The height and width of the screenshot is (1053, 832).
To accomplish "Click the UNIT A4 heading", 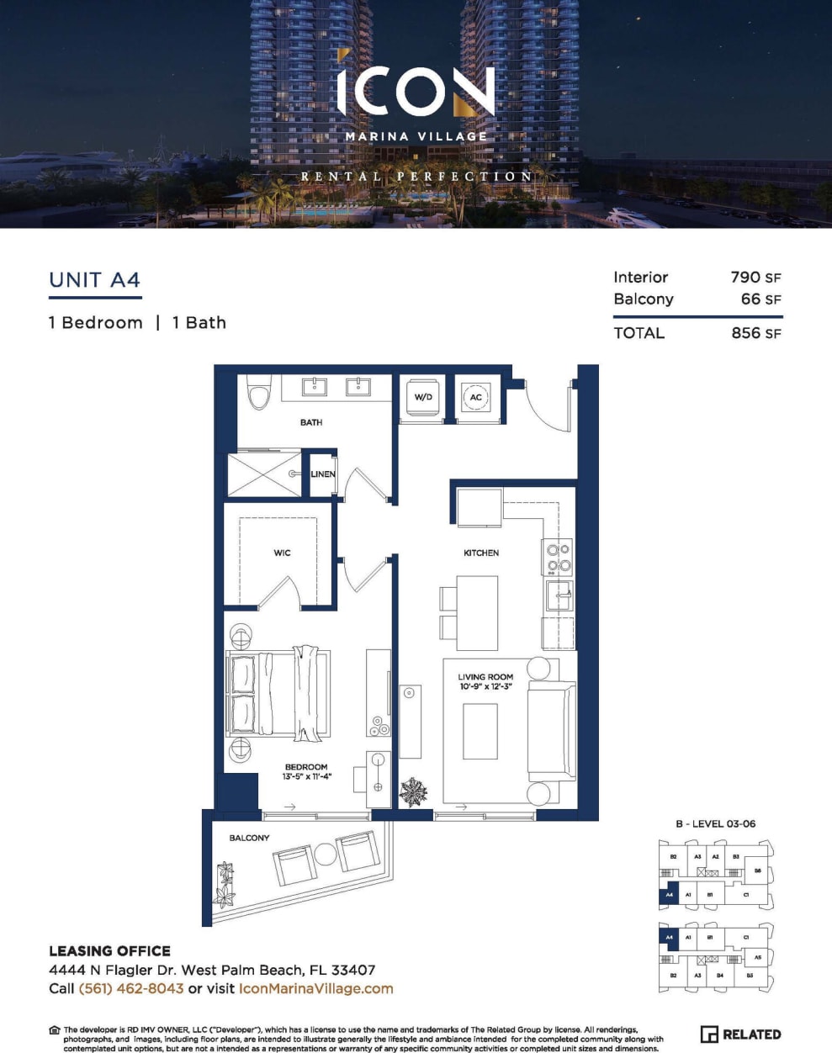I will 94,280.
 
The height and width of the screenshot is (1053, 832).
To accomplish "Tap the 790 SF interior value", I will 755,277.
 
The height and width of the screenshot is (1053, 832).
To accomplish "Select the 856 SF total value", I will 755,332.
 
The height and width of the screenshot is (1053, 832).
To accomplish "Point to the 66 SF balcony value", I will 760,299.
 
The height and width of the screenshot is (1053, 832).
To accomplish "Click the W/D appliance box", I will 423,396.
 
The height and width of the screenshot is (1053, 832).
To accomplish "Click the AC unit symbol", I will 476,397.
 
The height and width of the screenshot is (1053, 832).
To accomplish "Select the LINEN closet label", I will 323,474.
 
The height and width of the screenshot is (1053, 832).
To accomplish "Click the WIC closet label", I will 282,553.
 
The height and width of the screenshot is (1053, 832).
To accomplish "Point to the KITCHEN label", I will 481,553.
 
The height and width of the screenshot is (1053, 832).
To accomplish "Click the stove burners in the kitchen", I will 559,558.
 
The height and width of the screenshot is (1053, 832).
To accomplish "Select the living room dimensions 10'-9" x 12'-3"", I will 485,686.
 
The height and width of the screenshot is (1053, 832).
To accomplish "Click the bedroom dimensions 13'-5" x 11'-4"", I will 306,776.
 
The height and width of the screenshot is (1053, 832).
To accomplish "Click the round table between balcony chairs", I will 325,855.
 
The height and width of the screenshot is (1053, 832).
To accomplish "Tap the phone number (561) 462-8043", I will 130,988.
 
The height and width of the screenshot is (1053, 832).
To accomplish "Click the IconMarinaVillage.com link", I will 315,988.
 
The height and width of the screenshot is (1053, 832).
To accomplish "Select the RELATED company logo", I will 740,1034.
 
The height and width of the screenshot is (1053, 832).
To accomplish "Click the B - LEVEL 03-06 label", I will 715,823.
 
